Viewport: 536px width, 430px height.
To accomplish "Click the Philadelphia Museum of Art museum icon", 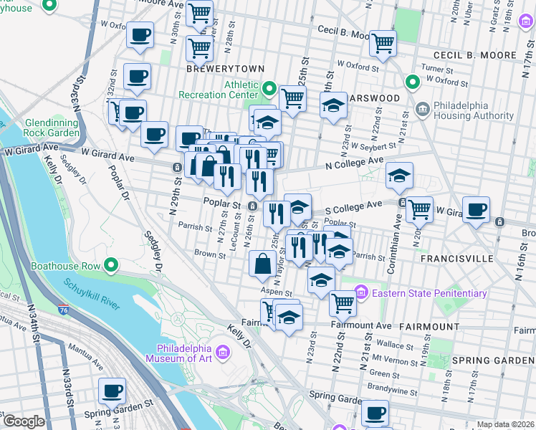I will (222, 352).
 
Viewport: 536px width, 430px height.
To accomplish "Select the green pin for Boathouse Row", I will (110, 266).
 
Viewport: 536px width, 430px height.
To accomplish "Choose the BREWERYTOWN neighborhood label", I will (225, 69).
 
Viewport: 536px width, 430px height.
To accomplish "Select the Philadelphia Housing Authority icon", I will (423, 110).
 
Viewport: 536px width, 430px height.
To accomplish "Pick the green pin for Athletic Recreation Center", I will (269, 90).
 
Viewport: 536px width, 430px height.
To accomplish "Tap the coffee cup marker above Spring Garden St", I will (112, 391).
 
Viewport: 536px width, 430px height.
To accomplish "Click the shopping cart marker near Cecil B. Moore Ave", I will (383, 43).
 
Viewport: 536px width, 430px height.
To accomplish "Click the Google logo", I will (24, 421).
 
